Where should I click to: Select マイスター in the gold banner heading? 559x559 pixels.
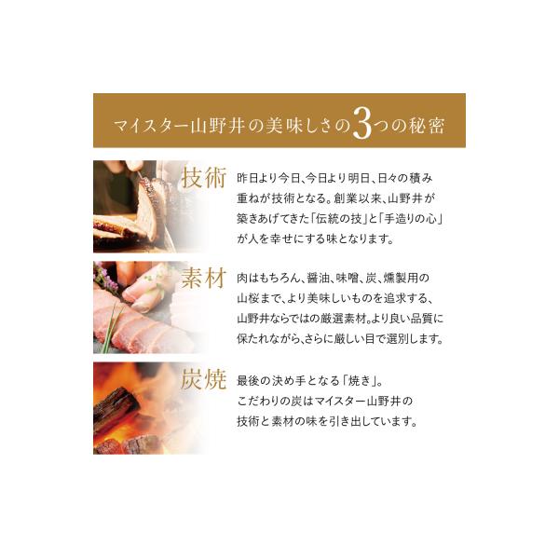click(150, 126)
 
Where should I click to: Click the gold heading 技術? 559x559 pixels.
click(203, 177)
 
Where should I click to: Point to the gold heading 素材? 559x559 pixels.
click(203, 278)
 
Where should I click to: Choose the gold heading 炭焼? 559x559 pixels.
click(203, 379)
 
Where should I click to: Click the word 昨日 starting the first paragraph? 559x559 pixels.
click(248, 178)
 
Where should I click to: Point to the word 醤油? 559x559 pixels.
click(318, 278)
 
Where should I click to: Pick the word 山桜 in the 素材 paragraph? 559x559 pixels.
click(248, 298)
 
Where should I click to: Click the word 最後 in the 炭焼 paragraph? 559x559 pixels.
click(248, 381)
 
